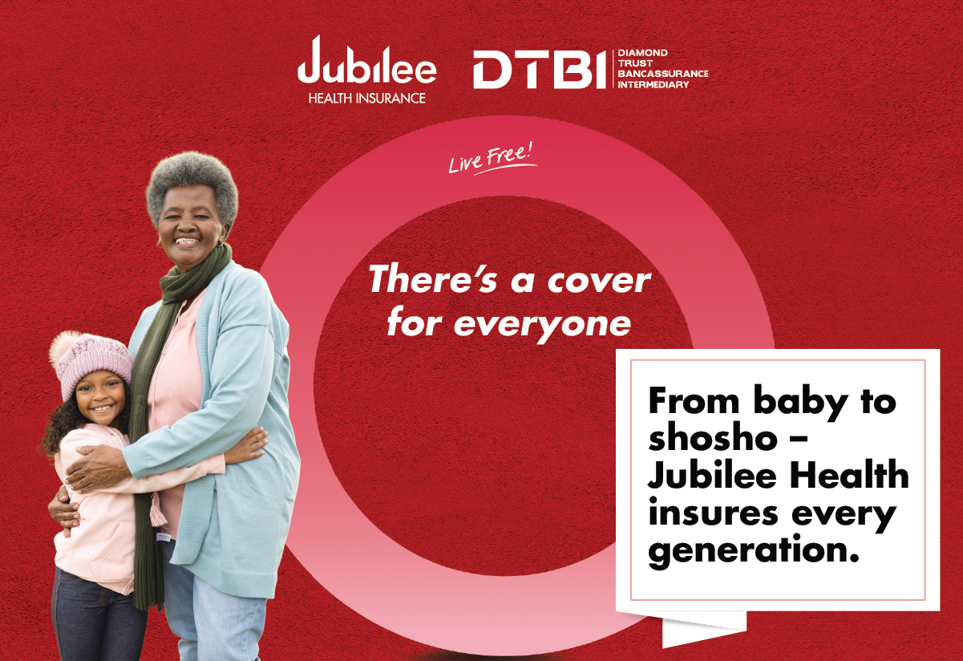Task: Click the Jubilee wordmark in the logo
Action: click(x=366, y=60)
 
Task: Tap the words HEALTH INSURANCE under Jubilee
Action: click(x=366, y=98)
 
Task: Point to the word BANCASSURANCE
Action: click(x=663, y=74)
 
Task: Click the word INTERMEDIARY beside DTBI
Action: click(x=653, y=84)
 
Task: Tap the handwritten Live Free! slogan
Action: click(x=492, y=160)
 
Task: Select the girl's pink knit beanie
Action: click(x=92, y=363)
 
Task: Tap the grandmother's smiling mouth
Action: click(x=188, y=241)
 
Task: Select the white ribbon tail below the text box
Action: click(x=704, y=628)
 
